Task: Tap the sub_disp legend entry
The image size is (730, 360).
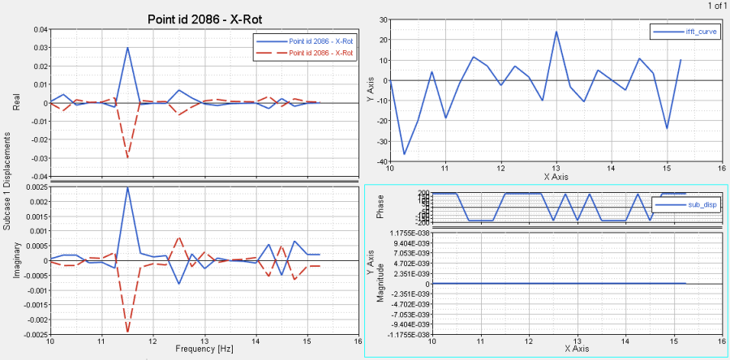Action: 688,205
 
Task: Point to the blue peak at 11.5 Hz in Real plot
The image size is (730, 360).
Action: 127,47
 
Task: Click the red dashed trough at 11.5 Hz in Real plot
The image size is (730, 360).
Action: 127,157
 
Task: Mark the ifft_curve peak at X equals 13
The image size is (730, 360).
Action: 556,32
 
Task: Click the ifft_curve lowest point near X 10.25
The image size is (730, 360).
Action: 404,153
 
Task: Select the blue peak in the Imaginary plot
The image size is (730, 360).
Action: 127,187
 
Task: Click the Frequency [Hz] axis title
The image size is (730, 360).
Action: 205,349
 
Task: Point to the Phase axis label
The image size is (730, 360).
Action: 380,207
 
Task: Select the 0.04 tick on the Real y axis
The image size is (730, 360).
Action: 39,29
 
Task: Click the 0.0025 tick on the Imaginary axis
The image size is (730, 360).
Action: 34,187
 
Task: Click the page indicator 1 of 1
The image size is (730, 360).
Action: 717,6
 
